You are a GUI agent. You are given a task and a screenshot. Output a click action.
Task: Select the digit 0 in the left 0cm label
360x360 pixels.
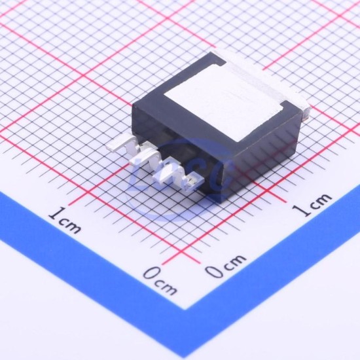[152, 273]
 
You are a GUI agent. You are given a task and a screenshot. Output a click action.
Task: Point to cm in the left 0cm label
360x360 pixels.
[166, 287]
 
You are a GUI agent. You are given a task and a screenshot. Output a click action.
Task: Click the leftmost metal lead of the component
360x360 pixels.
[123, 145]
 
